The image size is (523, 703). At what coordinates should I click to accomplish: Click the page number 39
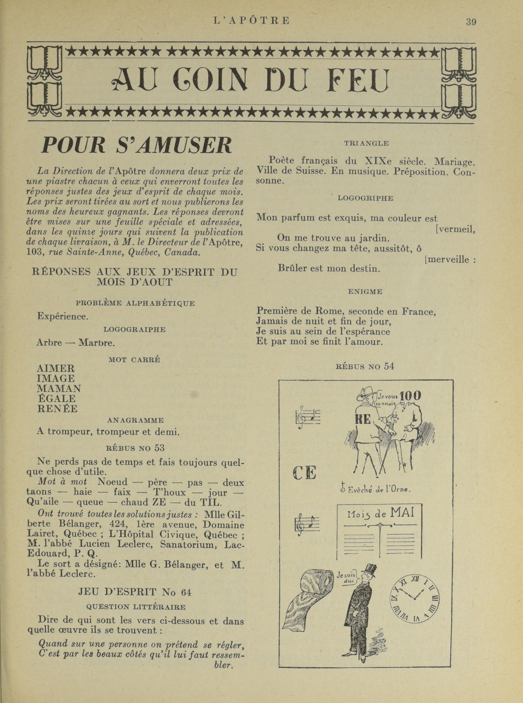point(471,22)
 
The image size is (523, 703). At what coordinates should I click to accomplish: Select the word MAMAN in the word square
point(59,388)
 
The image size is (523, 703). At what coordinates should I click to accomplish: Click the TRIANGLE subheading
point(366,143)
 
